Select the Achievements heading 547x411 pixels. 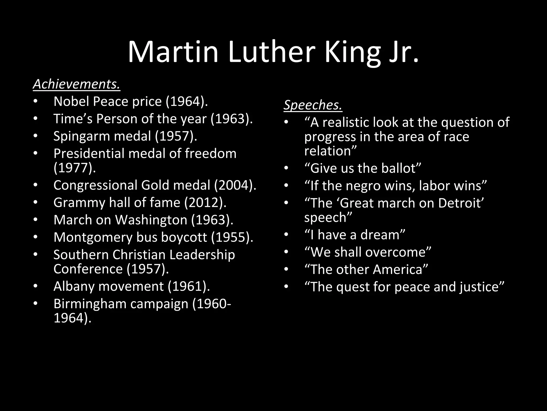[x=77, y=84]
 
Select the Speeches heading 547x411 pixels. [x=313, y=105]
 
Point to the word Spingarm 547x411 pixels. [x=81, y=136]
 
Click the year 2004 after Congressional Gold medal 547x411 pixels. [x=233, y=185]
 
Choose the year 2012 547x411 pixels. [x=204, y=203]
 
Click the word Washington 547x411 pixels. [x=151, y=220]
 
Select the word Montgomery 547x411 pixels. [x=93, y=237]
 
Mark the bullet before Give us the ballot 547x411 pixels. [x=286, y=169]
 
